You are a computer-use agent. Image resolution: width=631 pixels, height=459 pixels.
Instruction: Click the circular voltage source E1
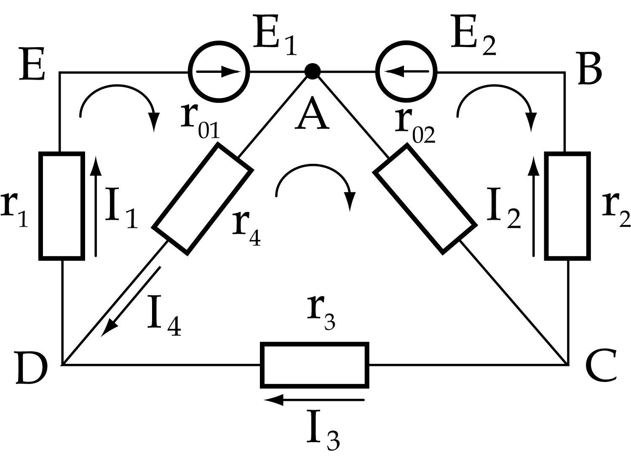pyautogui.click(x=219, y=72)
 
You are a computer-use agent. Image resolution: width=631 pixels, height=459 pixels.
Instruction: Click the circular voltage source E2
pyautogui.click(x=406, y=72)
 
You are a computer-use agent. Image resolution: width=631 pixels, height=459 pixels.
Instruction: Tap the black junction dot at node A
pyautogui.click(x=312, y=71)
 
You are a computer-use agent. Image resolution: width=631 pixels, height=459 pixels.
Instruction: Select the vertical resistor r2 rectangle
pyautogui.click(x=567, y=206)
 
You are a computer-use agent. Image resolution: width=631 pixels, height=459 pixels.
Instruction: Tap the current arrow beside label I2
pyautogui.click(x=534, y=206)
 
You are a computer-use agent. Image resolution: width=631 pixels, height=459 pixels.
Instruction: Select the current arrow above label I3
pyautogui.click(x=314, y=400)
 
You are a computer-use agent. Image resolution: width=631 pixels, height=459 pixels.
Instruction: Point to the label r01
pyautogui.click(x=201, y=122)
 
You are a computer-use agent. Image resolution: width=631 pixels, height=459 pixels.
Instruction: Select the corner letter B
pyautogui.click(x=590, y=70)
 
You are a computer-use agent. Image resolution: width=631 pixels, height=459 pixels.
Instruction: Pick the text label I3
pyautogui.click(x=323, y=434)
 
